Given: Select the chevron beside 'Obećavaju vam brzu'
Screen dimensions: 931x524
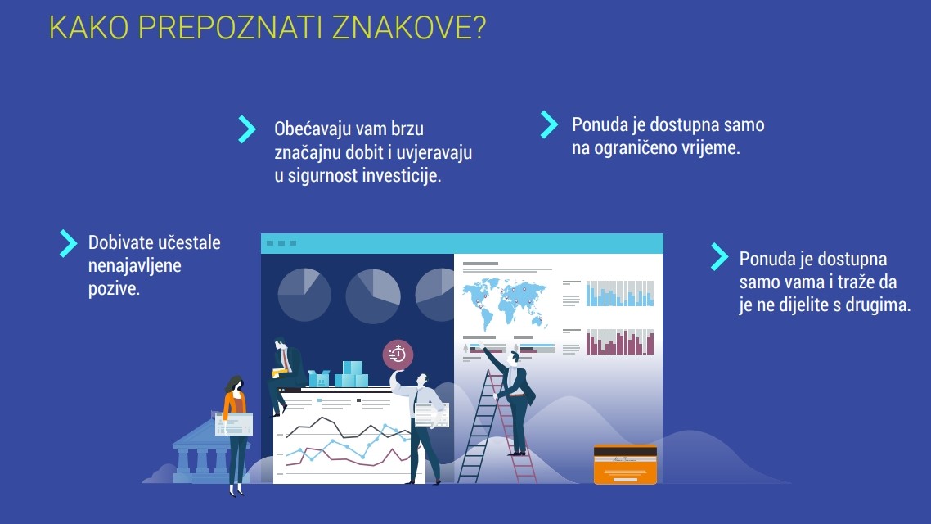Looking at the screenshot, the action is click(247, 129).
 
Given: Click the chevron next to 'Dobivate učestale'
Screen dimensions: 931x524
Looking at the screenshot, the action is click(68, 244).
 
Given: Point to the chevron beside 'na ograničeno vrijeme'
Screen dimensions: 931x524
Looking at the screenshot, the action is click(549, 124).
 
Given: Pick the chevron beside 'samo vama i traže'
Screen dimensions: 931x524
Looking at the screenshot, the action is click(719, 256).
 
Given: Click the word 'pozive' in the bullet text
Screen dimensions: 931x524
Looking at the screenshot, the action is click(114, 289).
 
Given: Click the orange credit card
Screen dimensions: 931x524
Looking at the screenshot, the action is click(625, 464).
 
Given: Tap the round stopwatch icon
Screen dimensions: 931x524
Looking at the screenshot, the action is click(398, 355).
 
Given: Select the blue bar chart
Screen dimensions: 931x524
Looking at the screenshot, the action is click(620, 293).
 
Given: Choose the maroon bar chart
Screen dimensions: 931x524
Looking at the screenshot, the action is click(620, 342).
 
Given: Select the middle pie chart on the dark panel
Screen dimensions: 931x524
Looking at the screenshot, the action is click(373, 296).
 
